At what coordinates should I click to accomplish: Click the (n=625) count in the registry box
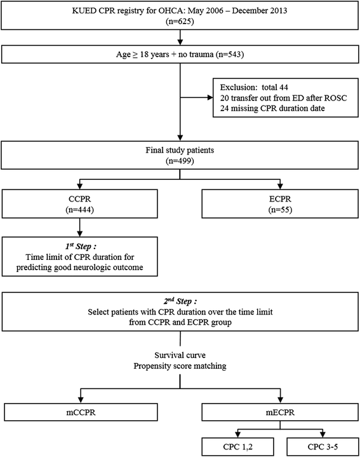coord(180,21)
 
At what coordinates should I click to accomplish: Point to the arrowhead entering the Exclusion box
coord(210,97)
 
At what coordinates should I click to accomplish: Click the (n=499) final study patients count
coord(180,161)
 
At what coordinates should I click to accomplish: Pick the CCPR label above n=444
coord(79,199)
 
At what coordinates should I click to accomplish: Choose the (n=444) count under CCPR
coord(79,210)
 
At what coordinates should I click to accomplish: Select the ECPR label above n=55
coord(280,199)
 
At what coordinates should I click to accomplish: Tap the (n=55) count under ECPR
coord(280,210)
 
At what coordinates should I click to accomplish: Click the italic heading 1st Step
coord(81,246)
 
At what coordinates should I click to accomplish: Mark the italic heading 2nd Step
coord(180,301)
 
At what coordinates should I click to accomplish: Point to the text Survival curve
coord(180,355)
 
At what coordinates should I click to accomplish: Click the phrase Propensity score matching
coord(180,365)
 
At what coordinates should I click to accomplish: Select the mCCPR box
coord(81,412)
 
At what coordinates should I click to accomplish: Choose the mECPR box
coord(280,412)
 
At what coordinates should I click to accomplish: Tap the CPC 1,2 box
coord(237,446)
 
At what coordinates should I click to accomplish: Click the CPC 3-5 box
coord(323,446)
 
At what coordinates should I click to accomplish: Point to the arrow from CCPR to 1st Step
coord(79,228)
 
